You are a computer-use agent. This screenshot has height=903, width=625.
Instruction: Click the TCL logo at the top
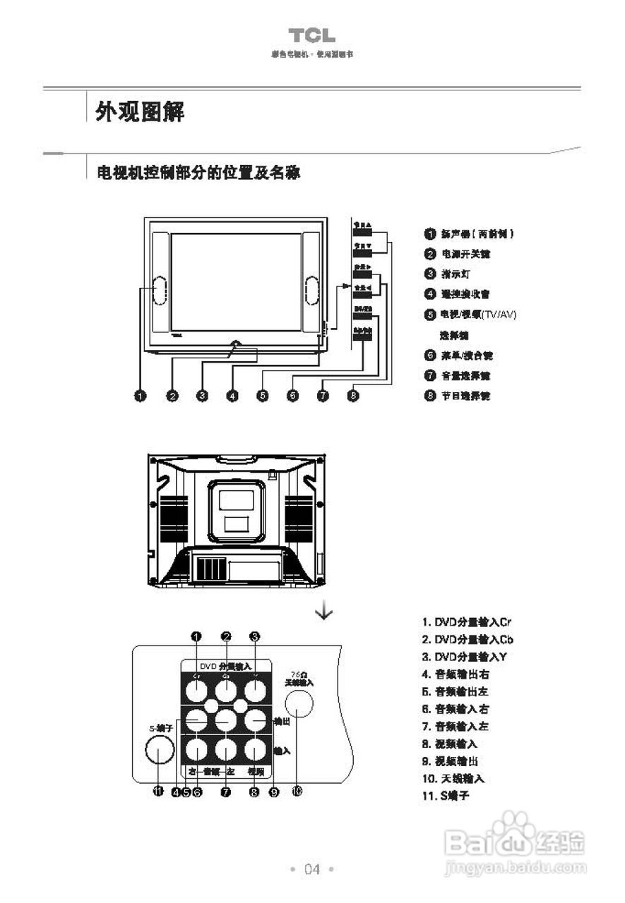pyautogui.click(x=311, y=36)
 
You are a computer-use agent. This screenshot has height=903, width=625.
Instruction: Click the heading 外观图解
pyautogui.click(x=140, y=111)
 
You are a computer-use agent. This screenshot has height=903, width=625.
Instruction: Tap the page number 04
pyautogui.click(x=311, y=869)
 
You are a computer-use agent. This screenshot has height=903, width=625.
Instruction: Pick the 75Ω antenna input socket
pyautogui.click(x=298, y=705)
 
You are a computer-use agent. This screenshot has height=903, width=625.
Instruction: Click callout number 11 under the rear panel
pyautogui.click(x=159, y=792)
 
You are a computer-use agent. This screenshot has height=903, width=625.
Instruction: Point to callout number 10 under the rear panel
pyautogui.click(x=297, y=792)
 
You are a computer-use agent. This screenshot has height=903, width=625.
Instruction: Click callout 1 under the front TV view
pyautogui.click(x=141, y=396)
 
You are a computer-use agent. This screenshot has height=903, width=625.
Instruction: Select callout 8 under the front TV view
pyautogui.click(x=353, y=396)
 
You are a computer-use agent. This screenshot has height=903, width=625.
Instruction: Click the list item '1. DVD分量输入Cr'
pyautogui.click(x=466, y=622)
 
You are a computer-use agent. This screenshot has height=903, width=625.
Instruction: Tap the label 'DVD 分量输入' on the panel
pyautogui.click(x=225, y=665)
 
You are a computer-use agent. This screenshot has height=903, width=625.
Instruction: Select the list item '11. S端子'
pyautogui.click(x=446, y=796)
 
